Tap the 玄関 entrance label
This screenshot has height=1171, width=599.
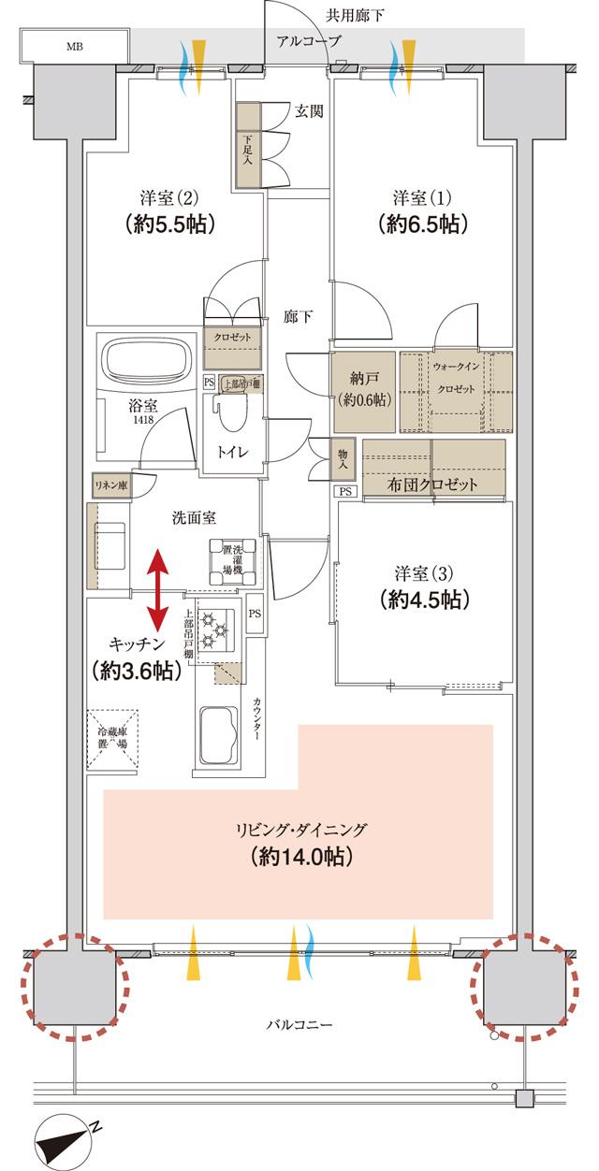[x=309, y=110]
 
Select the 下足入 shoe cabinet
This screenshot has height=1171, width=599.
[x=247, y=147]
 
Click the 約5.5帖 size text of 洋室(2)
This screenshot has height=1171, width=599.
[x=168, y=224]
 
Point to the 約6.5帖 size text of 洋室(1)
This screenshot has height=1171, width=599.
[x=423, y=224]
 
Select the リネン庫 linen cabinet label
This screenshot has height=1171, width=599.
[x=110, y=484]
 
